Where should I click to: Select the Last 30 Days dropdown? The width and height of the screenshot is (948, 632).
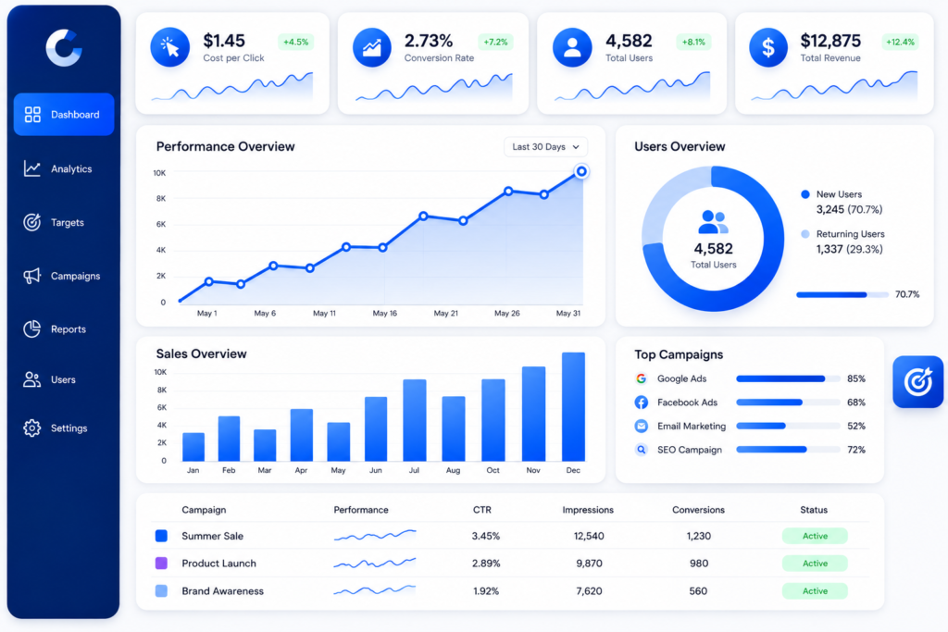coord(545,147)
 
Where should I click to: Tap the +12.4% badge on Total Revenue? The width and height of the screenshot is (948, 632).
coord(900,42)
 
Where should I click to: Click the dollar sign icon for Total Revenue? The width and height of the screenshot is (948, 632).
coord(767,47)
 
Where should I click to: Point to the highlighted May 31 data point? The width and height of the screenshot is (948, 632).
coord(581,171)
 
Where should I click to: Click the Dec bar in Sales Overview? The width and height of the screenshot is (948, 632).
coord(573,406)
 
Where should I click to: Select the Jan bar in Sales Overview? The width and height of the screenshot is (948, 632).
coord(193,447)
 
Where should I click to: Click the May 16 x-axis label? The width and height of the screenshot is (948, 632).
coord(384,313)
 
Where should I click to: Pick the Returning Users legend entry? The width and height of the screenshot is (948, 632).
coord(842,242)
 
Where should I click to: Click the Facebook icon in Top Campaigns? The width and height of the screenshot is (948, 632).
coord(641,402)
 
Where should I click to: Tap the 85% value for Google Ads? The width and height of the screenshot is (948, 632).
coord(856,378)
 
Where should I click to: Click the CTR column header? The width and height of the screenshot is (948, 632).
coord(481,509)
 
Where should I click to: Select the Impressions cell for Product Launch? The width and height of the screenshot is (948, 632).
coord(589,564)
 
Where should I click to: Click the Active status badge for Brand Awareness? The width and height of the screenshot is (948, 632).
coord(815,591)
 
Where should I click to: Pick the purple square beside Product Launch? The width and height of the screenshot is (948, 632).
coord(161,564)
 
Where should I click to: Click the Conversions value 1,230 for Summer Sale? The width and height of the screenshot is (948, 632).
coord(698,536)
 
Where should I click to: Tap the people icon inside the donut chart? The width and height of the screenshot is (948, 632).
coord(714,222)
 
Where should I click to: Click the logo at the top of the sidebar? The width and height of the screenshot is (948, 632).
coord(64,48)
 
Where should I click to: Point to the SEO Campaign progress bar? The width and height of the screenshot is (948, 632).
coord(788,450)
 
